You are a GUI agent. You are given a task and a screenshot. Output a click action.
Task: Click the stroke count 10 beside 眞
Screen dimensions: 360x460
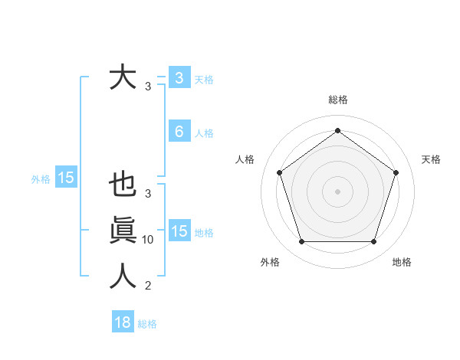click(x=148, y=240)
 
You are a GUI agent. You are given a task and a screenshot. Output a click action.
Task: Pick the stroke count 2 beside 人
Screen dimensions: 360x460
click(x=148, y=286)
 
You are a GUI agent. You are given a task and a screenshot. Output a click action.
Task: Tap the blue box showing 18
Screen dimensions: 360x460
click(x=123, y=322)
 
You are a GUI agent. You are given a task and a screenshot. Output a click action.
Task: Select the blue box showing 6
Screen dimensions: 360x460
click(x=179, y=132)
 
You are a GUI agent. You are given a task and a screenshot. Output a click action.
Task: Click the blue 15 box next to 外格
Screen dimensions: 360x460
click(x=66, y=178)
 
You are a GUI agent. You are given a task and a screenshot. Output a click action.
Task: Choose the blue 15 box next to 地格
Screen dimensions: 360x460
click(x=179, y=231)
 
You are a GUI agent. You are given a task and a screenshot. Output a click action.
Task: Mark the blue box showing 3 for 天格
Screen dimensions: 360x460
click(x=179, y=78)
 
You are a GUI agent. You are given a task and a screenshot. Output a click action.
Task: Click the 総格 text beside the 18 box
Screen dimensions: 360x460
click(x=147, y=324)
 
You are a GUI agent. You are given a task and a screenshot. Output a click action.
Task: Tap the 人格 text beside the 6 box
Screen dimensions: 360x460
click(x=204, y=133)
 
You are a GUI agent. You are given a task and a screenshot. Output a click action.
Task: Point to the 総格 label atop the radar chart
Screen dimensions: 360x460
click(x=337, y=100)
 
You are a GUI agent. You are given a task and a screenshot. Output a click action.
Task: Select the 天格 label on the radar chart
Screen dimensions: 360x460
click(x=432, y=159)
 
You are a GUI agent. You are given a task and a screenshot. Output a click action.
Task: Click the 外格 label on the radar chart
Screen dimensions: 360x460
click(x=270, y=262)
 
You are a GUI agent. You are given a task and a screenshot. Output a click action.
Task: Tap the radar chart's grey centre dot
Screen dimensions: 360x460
click(x=337, y=191)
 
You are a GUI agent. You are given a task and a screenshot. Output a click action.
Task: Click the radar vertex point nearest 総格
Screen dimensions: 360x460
click(x=337, y=130)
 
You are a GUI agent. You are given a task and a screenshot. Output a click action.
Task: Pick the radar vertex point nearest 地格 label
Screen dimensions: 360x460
click(x=373, y=241)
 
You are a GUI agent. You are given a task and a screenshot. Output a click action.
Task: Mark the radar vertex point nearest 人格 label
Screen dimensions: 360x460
click(x=279, y=172)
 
